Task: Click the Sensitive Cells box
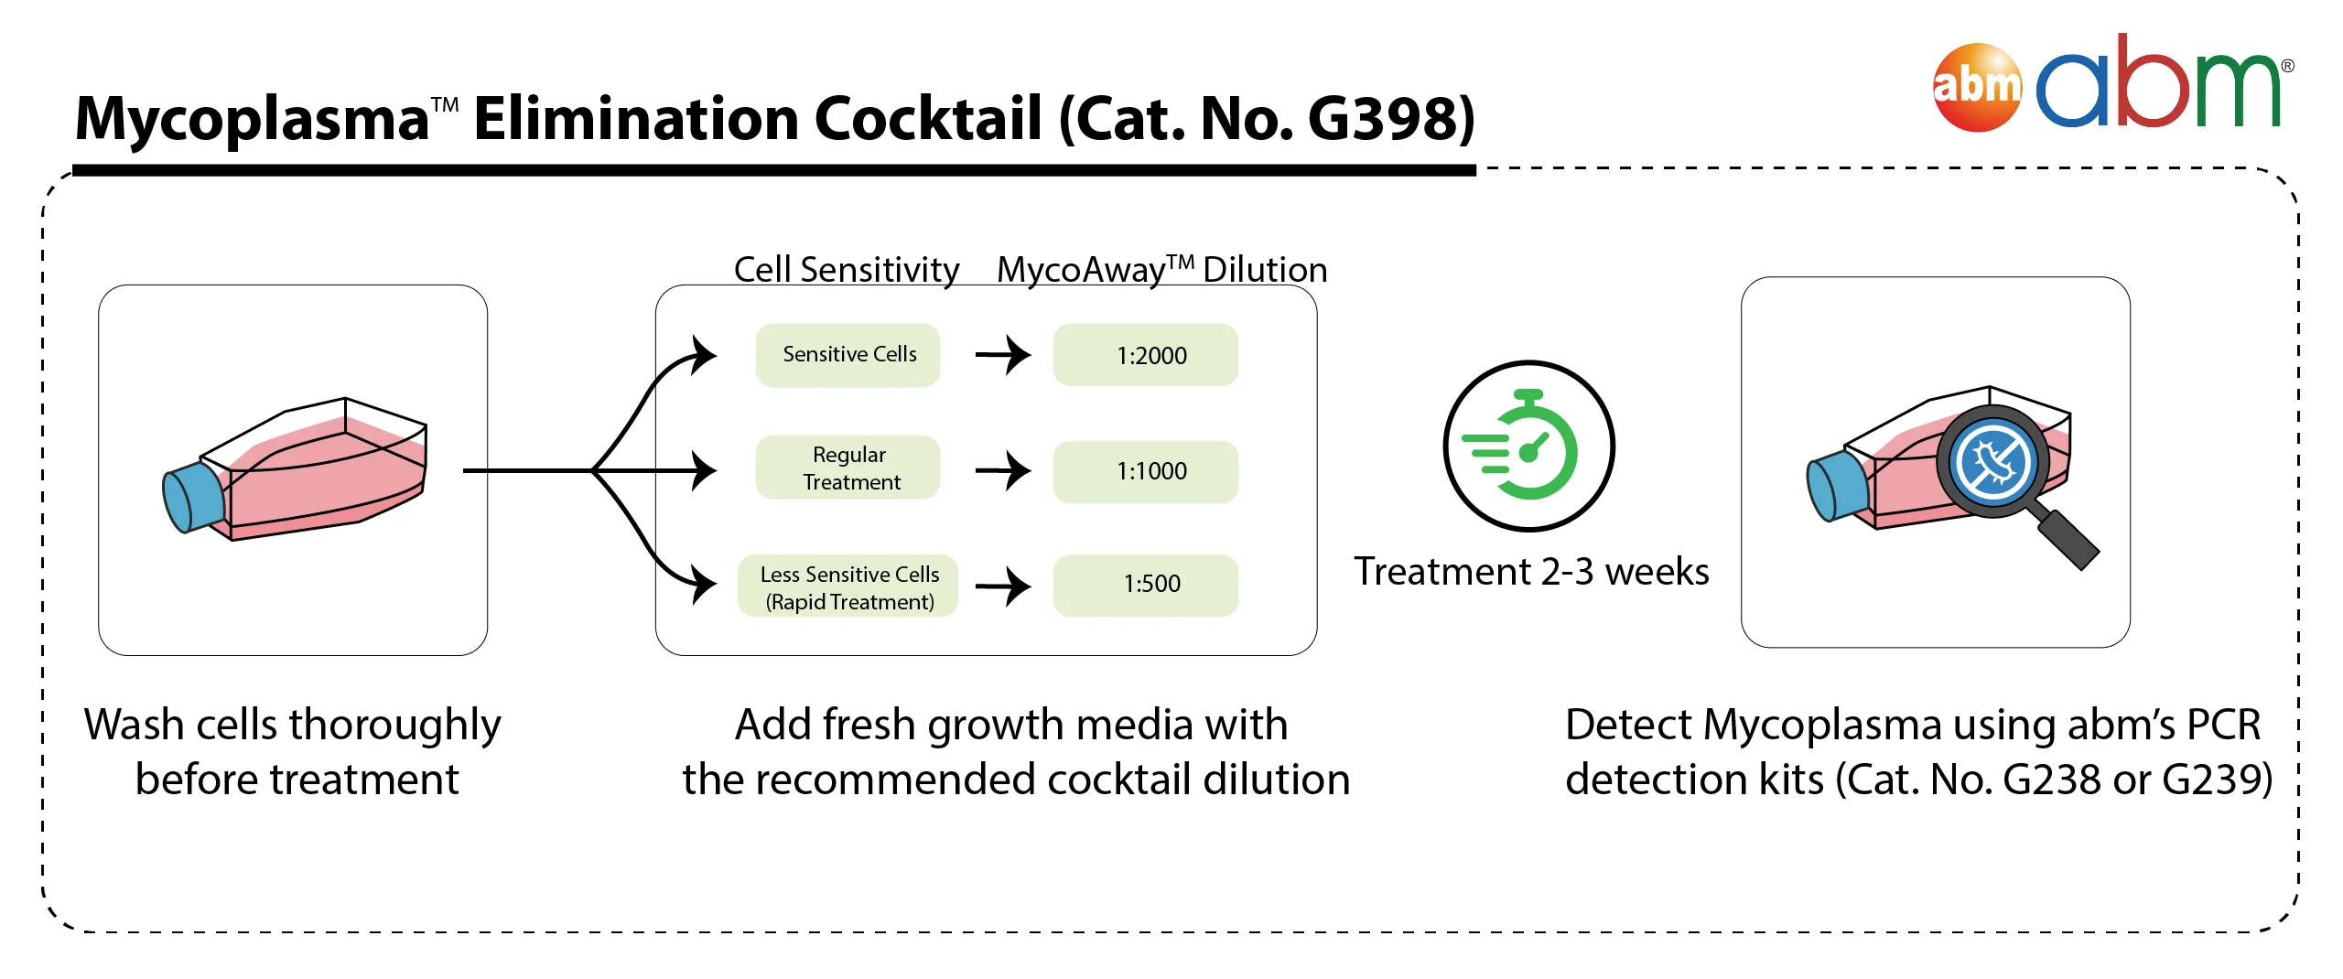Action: point(848,355)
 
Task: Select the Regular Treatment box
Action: point(848,468)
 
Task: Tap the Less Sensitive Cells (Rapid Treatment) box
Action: point(848,586)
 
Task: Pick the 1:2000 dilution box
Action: point(1146,355)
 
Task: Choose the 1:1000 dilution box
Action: point(1146,472)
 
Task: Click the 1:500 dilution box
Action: point(1146,586)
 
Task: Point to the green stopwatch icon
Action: point(1528,446)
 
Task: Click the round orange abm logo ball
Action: point(1977,88)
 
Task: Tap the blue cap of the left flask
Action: point(193,497)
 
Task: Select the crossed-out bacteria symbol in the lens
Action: point(1992,462)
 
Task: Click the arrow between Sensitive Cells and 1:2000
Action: point(1003,355)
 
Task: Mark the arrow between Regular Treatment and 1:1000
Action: point(1003,471)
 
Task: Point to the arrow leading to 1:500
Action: point(1003,586)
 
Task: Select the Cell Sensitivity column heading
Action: point(847,270)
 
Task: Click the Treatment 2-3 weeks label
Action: point(1531,572)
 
